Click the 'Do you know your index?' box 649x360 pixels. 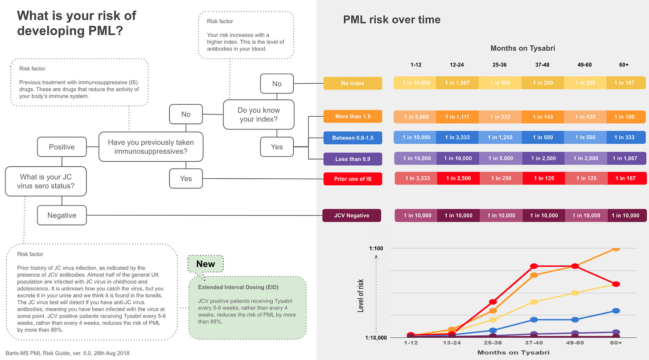pos(259,115)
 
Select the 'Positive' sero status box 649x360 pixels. pos(62,147)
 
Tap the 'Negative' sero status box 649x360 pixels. pos(62,215)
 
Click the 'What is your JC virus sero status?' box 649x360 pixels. pos(46,181)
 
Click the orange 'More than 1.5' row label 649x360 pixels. pos(353,117)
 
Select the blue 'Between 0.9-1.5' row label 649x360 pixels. pos(353,138)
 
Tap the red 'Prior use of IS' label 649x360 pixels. pos(353,179)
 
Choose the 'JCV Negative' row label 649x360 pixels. pos(352,216)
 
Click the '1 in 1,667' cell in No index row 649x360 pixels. pos(457,83)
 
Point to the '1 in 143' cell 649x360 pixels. pos(542,117)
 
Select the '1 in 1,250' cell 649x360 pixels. pos(499,138)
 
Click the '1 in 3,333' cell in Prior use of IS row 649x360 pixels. pos(417,179)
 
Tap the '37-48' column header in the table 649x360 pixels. pos(542,65)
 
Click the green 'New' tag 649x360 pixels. pos(205,264)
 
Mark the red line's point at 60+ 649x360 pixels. pos(616,284)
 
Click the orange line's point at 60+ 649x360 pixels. pos(616,248)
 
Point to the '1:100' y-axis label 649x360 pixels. pos(376,248)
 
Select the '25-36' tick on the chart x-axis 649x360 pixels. pos(493,344)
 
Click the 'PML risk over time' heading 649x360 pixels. pos(391,20)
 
